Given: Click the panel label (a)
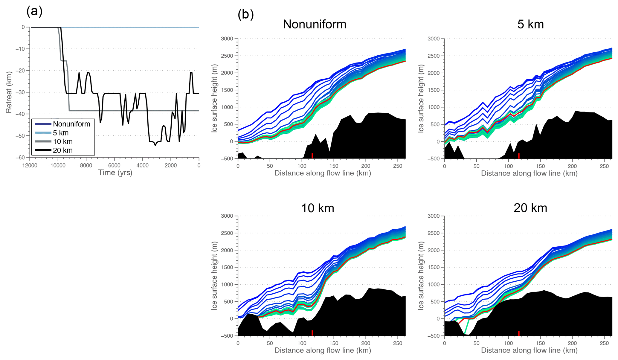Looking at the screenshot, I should point(34,11).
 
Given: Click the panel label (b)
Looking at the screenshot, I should point(245,14).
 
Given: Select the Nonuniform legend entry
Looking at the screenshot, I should point(71,124).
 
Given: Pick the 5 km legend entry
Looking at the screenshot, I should point(61,133).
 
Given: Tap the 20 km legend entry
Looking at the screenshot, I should point(63,150).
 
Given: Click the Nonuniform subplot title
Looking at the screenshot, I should point(315,24).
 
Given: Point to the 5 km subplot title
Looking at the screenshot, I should point(530,24).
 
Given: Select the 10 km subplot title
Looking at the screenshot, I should point(318,208).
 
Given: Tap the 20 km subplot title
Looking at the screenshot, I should point(530,208).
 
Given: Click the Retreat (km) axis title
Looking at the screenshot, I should point(9,92).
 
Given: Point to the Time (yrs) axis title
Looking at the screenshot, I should point(115,173).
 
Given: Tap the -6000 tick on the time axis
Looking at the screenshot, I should point(114,165).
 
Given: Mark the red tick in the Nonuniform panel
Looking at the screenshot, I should point(312,155).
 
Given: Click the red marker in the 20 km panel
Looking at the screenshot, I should point(519,333).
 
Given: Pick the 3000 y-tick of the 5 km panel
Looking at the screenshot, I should point(434,39).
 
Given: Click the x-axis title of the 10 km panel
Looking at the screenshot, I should point(323,350).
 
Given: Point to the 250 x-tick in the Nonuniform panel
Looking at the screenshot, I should point(398,166).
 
